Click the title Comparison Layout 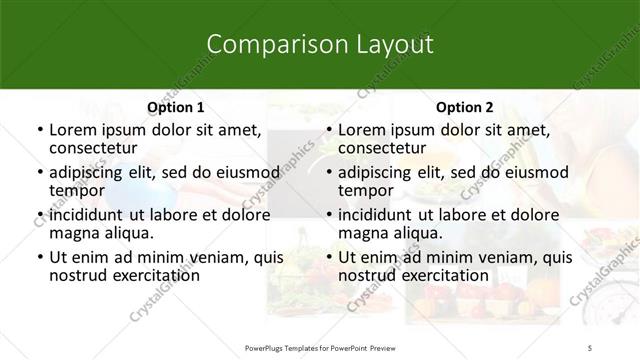(x=320, y=45)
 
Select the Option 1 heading (x=176, y=106)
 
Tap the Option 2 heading (x=465, y=106)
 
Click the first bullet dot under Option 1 (x=39, y=130)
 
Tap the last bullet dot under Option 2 (x=328, y=257)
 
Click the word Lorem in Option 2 (x=361, y=130)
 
